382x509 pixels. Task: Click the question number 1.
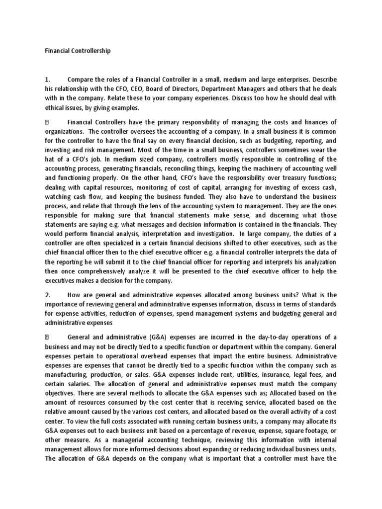click(x=47, y=79)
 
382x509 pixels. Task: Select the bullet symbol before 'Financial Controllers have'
click(x=47, y=122)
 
